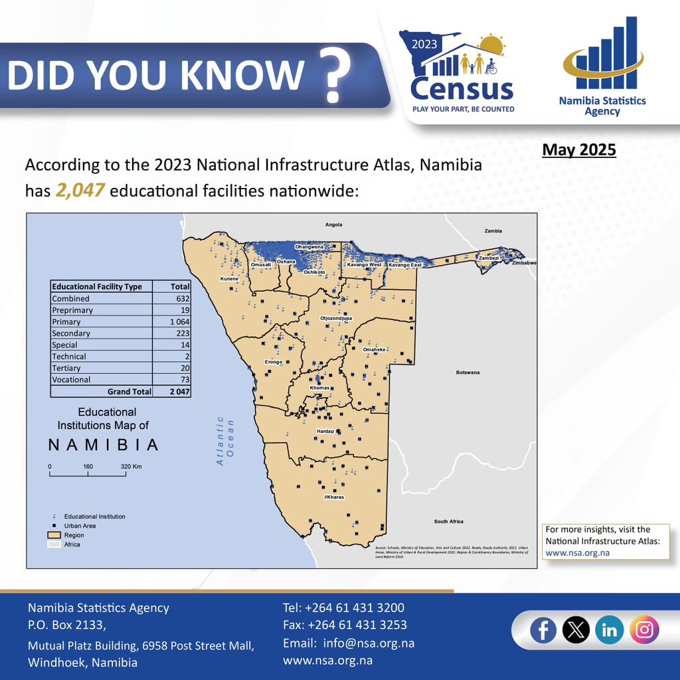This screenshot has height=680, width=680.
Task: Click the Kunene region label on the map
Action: pos(229,279)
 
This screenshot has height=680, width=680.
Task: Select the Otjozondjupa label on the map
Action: pos(336,319)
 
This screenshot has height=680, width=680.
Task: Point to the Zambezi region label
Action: pos(488,258)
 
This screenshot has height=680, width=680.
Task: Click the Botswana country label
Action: pos(467,373)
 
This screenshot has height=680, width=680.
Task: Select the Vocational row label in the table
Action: pos(71,380)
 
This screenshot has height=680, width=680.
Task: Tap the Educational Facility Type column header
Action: pos(97,287)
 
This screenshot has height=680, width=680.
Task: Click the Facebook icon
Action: pos(543,630)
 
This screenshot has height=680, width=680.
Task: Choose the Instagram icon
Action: pos(643,630)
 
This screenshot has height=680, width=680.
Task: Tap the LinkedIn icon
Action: pos(609,630)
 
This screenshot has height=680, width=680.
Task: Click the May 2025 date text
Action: pos(579,150)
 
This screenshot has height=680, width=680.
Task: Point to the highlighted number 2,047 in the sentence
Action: pos(80,191)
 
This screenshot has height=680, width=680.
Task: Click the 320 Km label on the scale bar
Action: pos(131,467)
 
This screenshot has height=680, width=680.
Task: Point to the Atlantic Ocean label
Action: pos(226,440)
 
